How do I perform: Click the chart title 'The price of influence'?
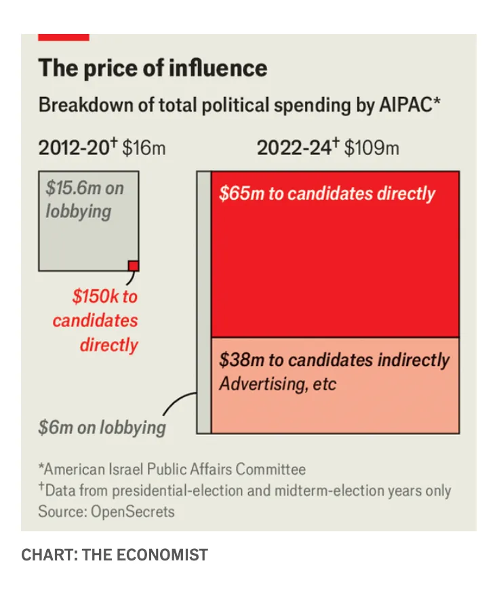(152, 68)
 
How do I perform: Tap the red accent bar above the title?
(63, 37)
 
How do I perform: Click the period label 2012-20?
(75, 148)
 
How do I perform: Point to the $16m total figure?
(144, 148)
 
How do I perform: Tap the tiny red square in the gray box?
(134, 266)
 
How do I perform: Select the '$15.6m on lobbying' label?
(84, 199)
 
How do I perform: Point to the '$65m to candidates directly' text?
(327, 194)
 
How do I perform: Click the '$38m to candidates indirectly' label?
(334, 360)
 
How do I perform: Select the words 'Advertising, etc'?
(277, 384)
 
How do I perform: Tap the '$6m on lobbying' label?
(102, 428)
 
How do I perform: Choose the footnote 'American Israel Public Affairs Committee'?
(172, 469)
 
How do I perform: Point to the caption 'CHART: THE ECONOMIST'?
(115, 555)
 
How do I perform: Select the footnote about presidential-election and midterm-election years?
(244, 490)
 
